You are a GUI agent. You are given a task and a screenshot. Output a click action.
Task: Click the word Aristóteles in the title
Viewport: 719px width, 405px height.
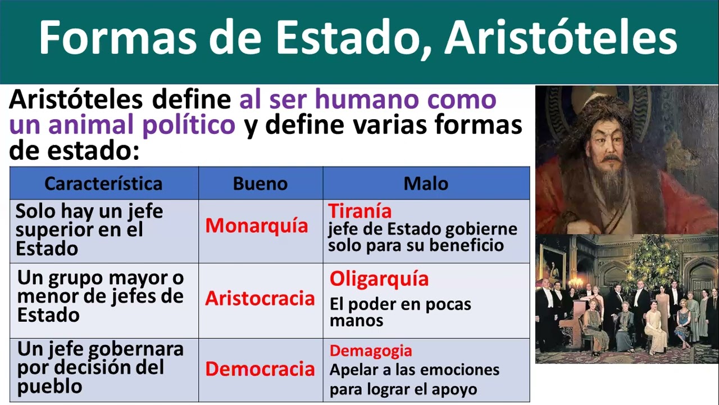point(561,38)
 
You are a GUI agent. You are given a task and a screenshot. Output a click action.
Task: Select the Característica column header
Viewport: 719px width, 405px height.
point(103,183)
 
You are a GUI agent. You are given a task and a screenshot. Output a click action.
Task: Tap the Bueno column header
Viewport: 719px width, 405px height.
point(260,183)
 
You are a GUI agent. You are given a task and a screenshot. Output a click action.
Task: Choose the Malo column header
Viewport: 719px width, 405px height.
point(426,183)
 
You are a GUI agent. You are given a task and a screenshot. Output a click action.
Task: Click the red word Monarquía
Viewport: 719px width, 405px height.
point(257,226)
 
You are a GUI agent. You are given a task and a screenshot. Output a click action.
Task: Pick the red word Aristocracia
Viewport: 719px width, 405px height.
point(260,298)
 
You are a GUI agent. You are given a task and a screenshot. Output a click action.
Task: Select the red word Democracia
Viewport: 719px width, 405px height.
point(260,369)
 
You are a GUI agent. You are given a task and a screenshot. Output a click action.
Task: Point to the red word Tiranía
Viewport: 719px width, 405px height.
point(360,211)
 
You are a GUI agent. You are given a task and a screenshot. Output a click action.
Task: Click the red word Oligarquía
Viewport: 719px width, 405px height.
point(379,278)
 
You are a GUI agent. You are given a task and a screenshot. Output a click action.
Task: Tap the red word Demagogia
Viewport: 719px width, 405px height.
point(371,351)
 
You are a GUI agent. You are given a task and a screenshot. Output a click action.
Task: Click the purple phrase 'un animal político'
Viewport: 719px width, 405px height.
point(122,125)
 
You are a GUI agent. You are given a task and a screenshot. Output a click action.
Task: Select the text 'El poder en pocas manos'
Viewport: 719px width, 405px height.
point(400,312)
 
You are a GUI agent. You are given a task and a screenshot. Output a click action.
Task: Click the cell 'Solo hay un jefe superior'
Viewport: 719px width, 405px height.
point(89,229)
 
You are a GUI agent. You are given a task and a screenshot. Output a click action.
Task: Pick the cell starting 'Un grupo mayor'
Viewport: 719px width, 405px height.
point(100,296)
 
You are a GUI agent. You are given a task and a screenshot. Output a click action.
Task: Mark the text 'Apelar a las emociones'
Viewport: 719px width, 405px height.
point(414,370)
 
